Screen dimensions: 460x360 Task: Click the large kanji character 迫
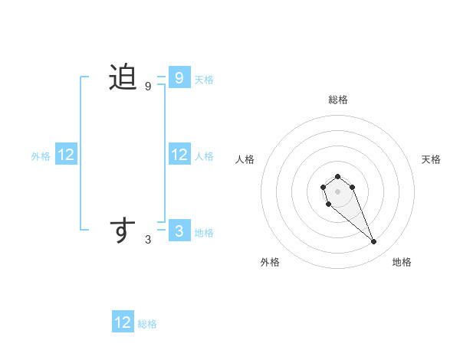(123, 77)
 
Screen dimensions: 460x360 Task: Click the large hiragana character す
(123, 230)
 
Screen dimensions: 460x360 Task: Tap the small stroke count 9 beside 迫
(148, 87)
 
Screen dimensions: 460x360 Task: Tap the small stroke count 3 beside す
(148, 240)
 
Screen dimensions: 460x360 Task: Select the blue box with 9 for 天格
(179, 77)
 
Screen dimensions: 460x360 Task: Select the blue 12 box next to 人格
(179, 155)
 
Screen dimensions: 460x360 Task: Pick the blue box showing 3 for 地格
(179, 231)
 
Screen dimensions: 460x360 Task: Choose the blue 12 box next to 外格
(66, 155)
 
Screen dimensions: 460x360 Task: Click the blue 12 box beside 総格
(123, 322)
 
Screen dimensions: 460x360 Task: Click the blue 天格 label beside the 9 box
(204, 79)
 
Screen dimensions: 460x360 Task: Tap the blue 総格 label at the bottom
(147, 324)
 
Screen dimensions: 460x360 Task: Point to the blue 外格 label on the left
(41, 156)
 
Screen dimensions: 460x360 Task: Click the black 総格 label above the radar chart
(337, 100)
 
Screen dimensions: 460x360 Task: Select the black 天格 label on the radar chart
(431, 159)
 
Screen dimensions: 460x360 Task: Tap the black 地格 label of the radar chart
(402, 262)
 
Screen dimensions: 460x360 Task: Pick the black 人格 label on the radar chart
(245, 159)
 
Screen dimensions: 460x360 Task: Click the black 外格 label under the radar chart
(270, 262)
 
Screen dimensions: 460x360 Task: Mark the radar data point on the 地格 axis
(374, 242)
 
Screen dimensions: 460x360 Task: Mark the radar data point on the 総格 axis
(337, 177)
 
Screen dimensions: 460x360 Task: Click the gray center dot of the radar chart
(337, 191)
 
